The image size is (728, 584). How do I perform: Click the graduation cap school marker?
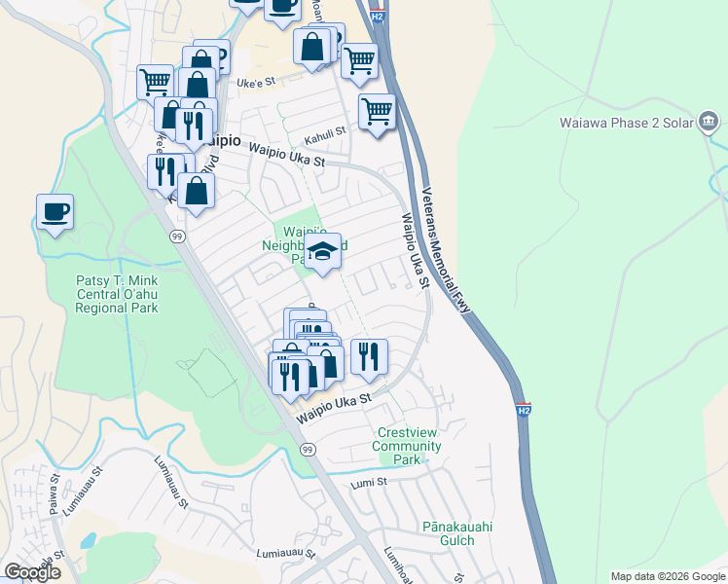tap(323, 252)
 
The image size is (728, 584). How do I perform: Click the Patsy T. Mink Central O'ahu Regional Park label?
tap(117, 293)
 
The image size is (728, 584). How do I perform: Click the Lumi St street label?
tap(369, 481)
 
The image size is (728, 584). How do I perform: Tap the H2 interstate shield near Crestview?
tap(523, 411)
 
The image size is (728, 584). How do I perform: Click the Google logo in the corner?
tap(32, 572)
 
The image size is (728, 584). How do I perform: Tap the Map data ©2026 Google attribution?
tap(668, 576)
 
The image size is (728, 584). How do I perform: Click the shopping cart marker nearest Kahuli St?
tap(377, 110)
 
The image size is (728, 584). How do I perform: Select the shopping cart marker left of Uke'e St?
tap(156, 81)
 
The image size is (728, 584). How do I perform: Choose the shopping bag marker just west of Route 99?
tap(197, 192)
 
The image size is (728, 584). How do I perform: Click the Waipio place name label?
tap(219, 139)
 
